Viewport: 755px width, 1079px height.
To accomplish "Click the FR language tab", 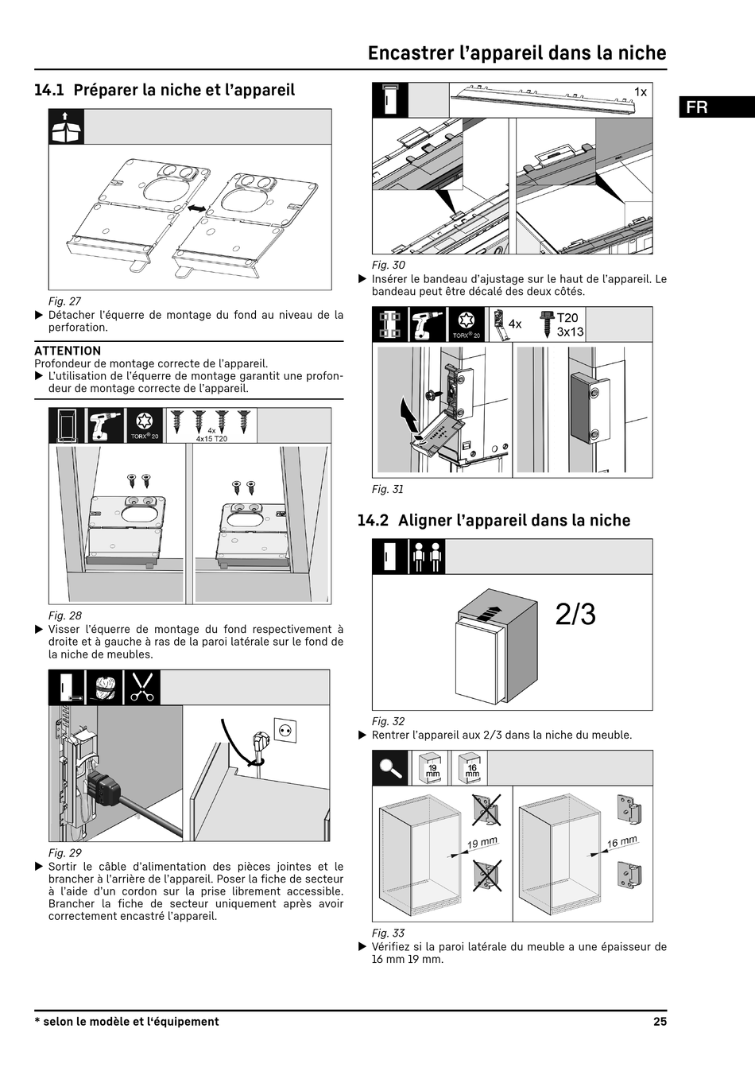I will click(697, 107).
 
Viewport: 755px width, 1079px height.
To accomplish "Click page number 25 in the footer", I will click(660, 1022).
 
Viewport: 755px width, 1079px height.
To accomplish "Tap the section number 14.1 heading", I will click(48, 90).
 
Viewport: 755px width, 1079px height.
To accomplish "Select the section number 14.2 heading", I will click(373, 520).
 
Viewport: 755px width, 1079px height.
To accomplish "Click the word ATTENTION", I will click(68, 351).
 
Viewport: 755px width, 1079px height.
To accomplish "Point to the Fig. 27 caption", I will click(64, 301).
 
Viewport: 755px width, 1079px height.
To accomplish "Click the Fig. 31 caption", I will click(388, 489).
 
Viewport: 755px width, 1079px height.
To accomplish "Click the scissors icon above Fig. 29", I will click(142, 687).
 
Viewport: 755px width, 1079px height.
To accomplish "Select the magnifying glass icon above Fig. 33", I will click(390, 768).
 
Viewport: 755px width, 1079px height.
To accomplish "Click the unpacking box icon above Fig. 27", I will click(66, 127).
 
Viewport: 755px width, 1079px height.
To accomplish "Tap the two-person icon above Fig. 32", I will click(427, 557).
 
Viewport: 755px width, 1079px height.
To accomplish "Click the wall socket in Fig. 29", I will click(285, 729).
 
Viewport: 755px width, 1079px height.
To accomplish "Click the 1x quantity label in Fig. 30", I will click(640, 92).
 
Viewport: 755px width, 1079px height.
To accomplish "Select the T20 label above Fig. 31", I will click(567, 318).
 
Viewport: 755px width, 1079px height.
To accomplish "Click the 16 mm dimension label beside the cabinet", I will click(622, 842).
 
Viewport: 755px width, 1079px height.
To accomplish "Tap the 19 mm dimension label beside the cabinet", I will click(482, 843).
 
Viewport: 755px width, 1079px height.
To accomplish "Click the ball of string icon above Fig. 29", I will click(105, 687).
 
